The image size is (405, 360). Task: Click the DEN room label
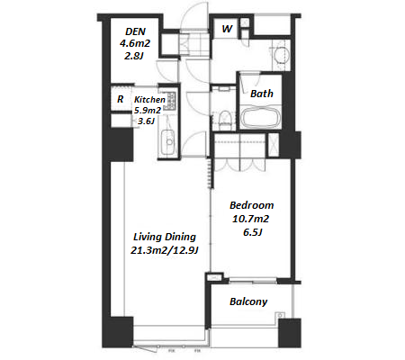(x=136, y=31)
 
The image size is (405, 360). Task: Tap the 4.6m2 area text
(x=135, y=43)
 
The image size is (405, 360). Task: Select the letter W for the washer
(x=227, y=29)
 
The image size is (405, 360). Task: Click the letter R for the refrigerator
(x=120, y=99)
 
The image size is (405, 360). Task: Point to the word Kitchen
(x=149, y=100)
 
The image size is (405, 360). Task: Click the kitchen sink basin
(x=168, y=141)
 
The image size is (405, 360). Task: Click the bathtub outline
(x=261, y=118)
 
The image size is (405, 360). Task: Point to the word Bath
(x=262, y=94)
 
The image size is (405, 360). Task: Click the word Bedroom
(x=251, y=205)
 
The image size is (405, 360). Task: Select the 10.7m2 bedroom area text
(x=250, y=219)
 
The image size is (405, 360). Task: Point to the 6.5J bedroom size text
(x=253, y=232)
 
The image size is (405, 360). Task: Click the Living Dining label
(x=165, y=237)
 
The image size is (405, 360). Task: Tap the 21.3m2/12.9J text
(x=165, y=250)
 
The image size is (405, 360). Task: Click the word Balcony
(x=248, y=301)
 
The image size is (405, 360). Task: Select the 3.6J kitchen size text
(x=146, y=121)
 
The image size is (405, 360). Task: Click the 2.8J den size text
(x=133, y=56)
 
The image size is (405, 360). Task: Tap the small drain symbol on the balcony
(x=280, y=315)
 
